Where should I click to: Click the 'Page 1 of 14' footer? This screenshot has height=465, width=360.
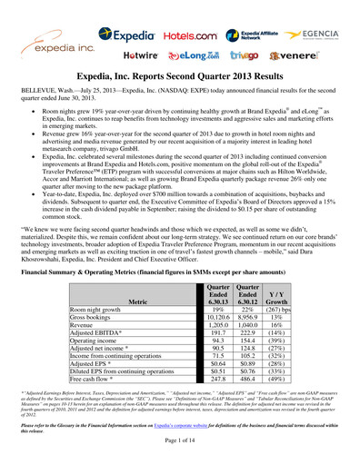point(179,451)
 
